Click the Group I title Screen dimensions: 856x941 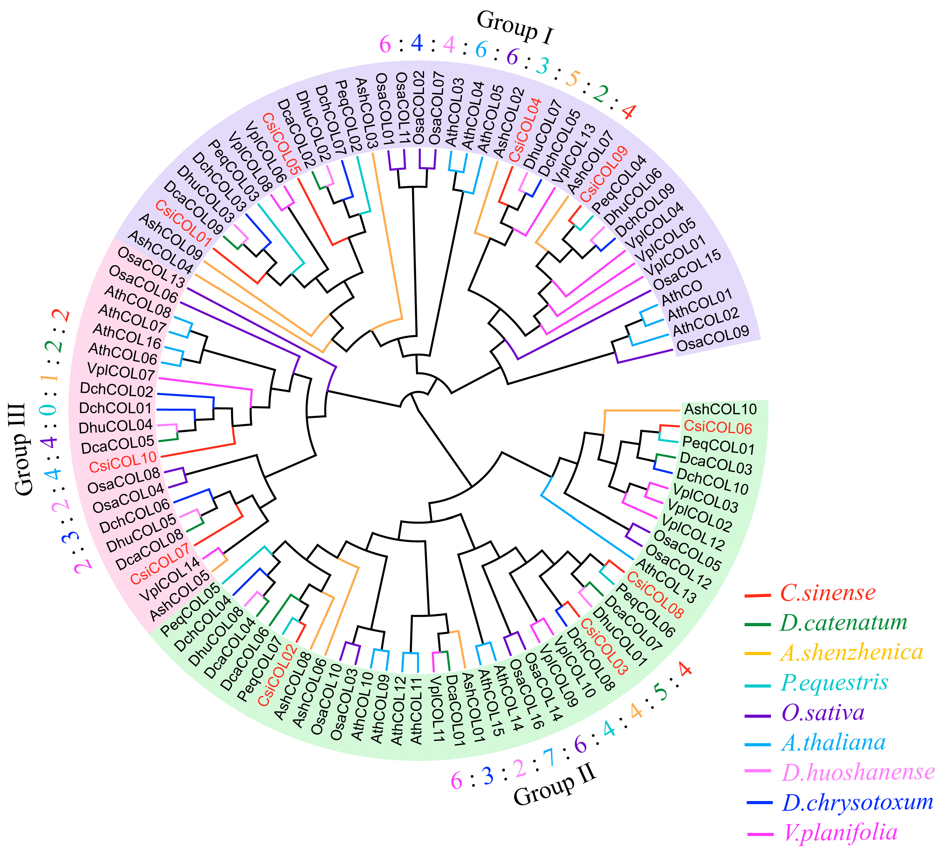[515, 28]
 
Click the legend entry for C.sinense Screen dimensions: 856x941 [827, 593]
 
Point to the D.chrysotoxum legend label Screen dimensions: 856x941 [857, 802]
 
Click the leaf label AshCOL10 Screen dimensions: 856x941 [720, 409]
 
